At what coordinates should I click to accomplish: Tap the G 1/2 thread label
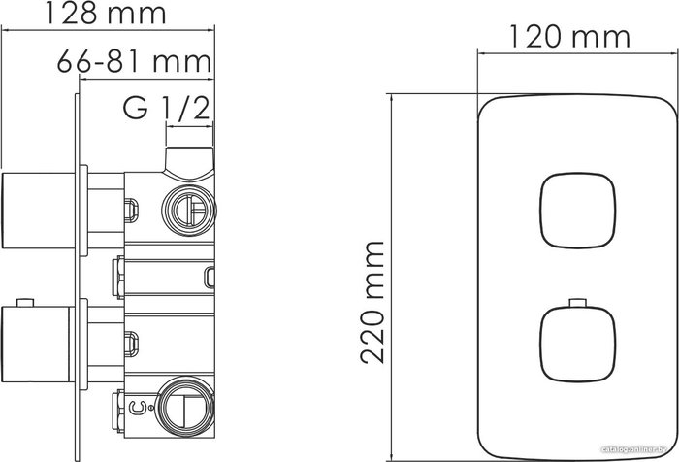point(167,107)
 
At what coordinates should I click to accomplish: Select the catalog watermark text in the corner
point(630,450)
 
